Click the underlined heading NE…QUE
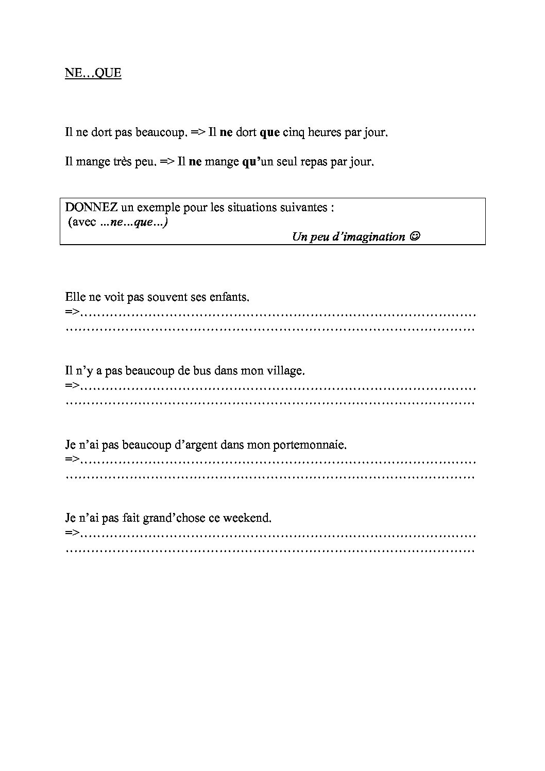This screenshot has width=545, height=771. [x=93, y=73]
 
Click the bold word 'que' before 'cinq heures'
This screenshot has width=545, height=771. [x=269, y=132]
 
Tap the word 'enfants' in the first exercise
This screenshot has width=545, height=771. [x=231, y=297]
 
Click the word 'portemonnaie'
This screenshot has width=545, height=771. [x=313, y=444]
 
